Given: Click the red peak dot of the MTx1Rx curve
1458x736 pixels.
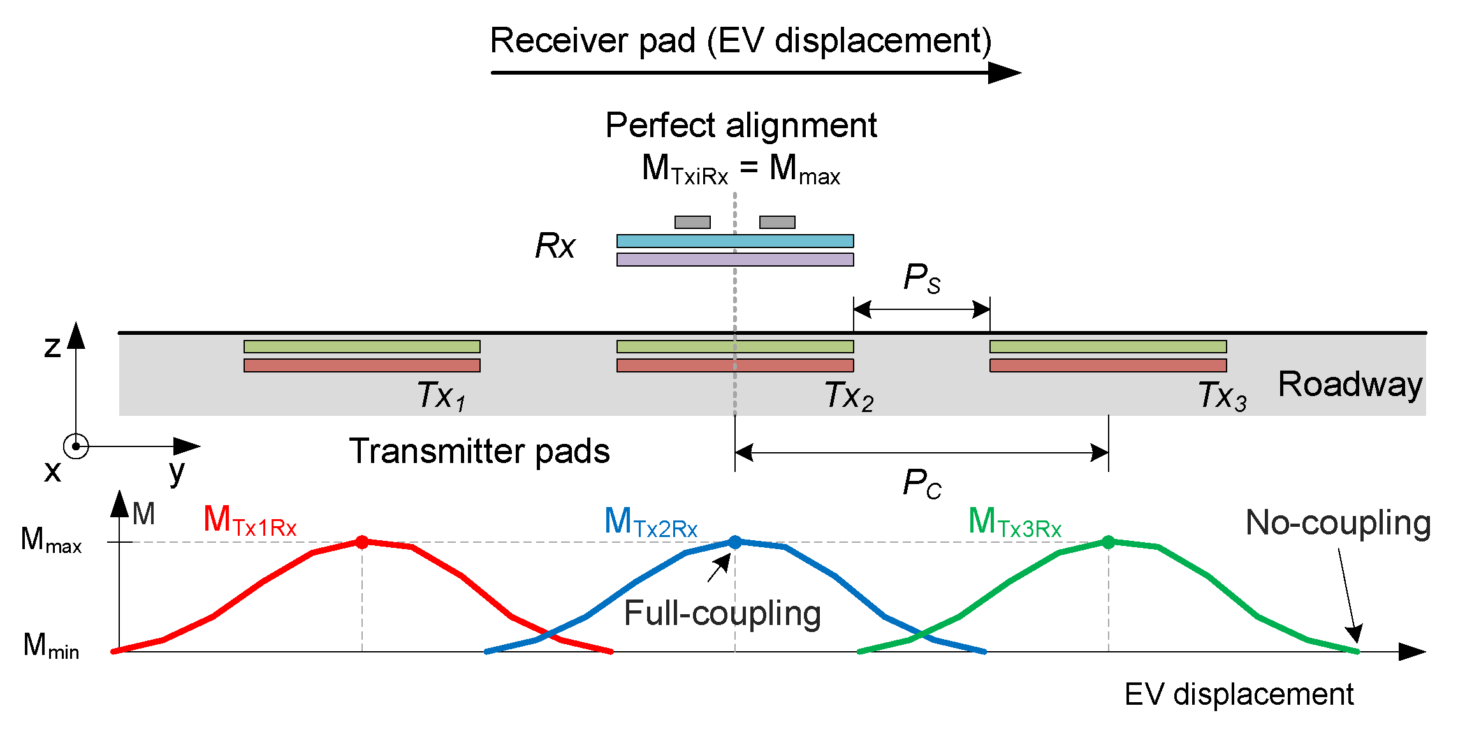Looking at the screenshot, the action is coord(362,542).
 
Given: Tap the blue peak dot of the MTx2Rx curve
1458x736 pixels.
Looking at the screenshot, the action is coord(735,542).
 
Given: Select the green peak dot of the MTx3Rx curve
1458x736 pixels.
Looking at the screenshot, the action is coord(1109,542).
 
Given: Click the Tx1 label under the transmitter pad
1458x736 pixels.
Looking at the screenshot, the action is coord(441,395).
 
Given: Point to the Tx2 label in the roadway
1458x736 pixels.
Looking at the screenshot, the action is coord(849,395).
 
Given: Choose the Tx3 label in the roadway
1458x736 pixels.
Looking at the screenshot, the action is coord(1223,395).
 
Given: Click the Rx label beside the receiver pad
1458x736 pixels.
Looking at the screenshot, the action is coord(555,246).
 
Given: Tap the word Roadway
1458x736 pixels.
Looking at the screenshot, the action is coord(1350,385).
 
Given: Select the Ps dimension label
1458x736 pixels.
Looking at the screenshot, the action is coord(922,278).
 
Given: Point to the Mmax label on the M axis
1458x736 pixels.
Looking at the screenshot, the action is coord(51,540).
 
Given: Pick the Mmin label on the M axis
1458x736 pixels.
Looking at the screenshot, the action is coord(51,645).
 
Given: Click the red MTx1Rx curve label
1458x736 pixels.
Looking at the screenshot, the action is coord(250,520).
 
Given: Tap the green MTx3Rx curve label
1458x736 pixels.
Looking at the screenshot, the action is coord(1015,522).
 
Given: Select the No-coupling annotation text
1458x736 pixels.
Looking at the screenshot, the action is coord(1338,523).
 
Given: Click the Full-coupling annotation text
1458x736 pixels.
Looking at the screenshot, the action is coord(722,614).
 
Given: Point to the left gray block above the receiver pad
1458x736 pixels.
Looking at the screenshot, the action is coord(692,222).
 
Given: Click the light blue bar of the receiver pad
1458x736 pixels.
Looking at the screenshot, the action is coord(735,241).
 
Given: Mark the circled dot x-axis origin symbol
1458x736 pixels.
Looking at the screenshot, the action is coord(76,446).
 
